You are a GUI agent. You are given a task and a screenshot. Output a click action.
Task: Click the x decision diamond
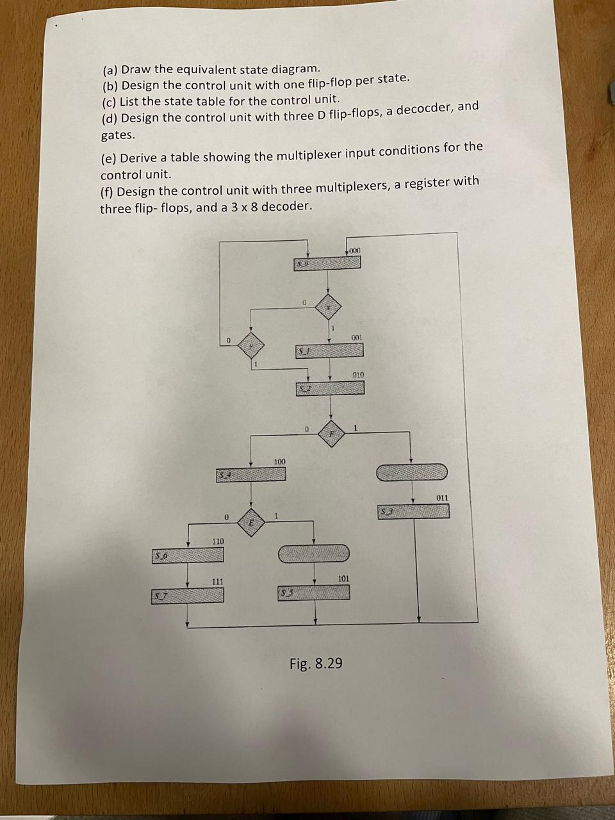329,307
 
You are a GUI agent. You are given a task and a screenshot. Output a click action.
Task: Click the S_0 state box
328,263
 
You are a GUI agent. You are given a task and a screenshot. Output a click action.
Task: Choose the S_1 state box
329,350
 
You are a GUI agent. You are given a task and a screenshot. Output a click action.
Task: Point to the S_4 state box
250,475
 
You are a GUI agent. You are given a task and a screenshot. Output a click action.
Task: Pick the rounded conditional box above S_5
314,553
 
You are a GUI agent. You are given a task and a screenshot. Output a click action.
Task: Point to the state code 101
343,578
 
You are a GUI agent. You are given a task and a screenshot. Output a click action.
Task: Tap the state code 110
218,542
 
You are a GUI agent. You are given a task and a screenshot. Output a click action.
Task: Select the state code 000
354,250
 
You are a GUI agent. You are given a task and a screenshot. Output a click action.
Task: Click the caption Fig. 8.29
316,663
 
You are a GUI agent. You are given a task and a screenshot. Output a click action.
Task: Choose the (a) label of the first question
110,70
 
